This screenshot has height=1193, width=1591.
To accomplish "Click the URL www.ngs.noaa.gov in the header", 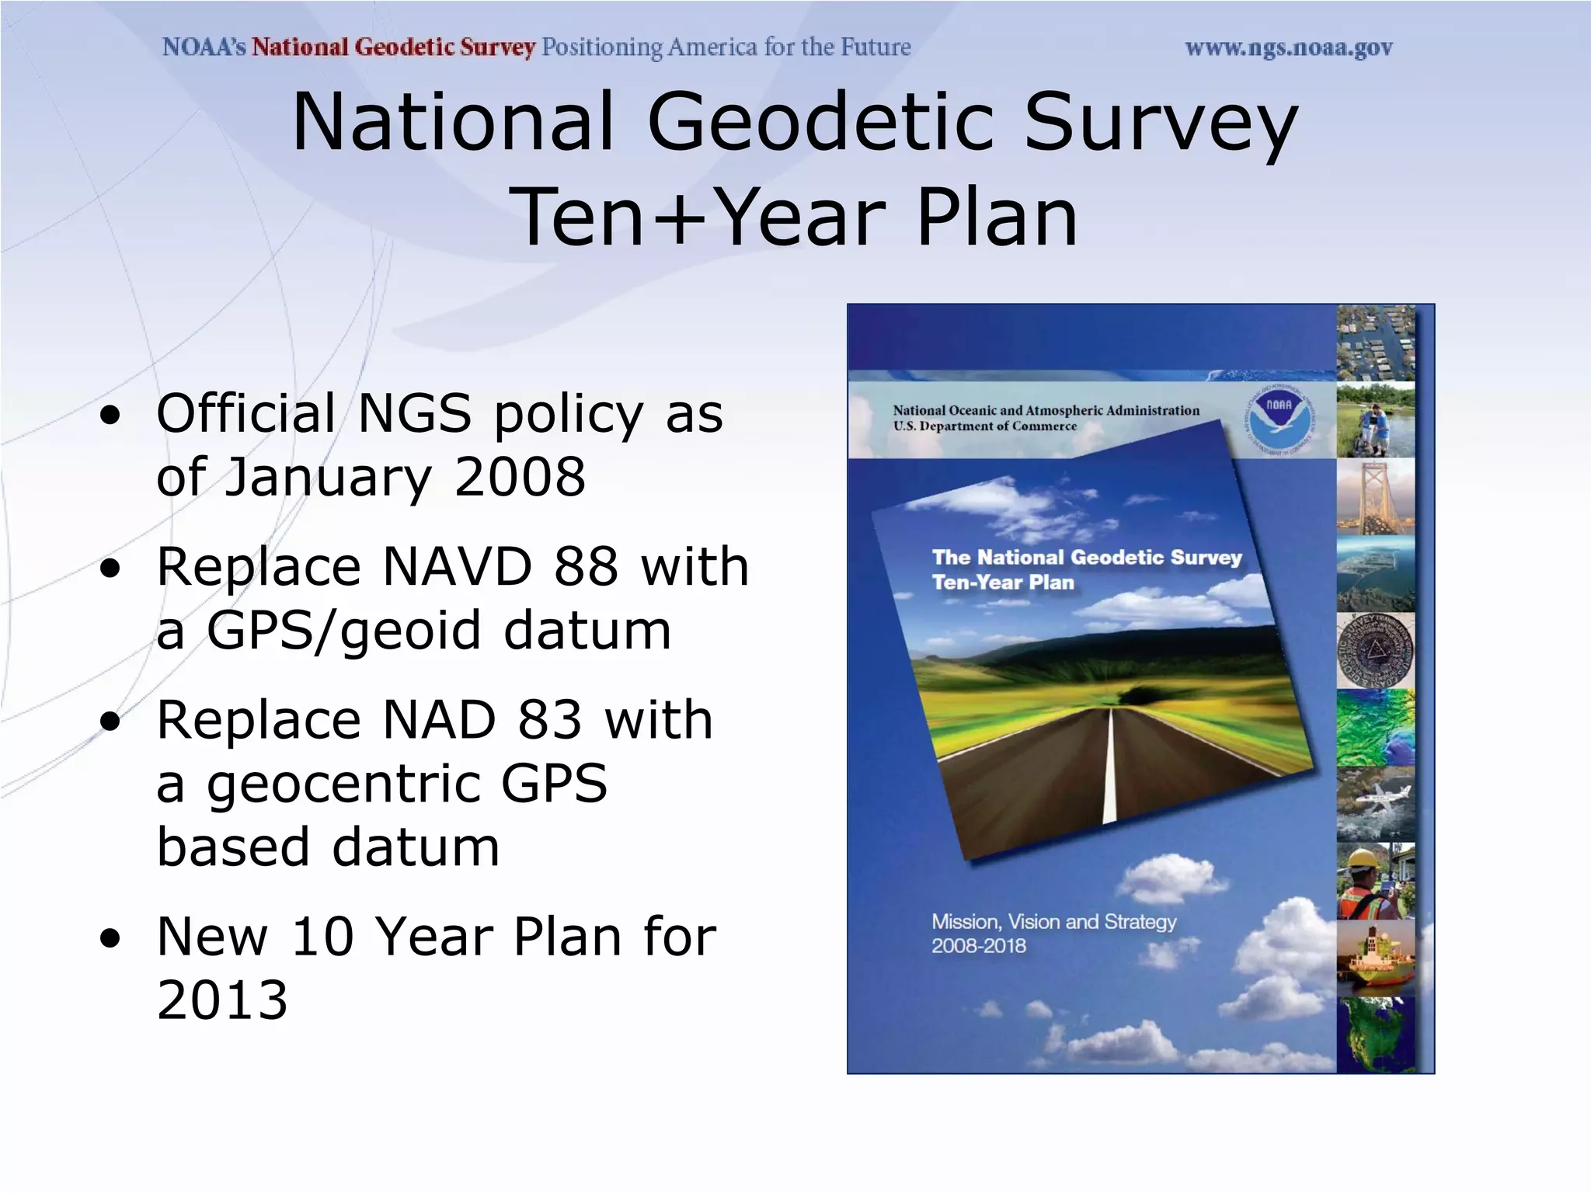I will tap(1288, 48).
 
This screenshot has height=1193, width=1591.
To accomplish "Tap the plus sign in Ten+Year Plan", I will tap(679, 219).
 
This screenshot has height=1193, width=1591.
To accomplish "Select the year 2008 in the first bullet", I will tap(520, 477).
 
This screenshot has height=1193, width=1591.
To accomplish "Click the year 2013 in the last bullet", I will tap(222, 1000).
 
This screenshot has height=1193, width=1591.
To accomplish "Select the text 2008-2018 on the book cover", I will tap(979, 946).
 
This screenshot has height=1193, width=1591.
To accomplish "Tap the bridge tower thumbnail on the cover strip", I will tap(1375, 497).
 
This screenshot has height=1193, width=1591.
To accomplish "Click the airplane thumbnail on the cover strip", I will tap(1375, 803).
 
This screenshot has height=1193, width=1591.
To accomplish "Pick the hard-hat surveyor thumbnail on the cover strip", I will tap(1375, 881).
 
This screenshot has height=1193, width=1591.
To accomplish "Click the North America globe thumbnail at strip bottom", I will tap(1375, 1035).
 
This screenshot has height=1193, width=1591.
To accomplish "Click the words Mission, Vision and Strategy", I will tap(1053, 922).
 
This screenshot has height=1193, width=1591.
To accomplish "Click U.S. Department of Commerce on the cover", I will tap(984, 426).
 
